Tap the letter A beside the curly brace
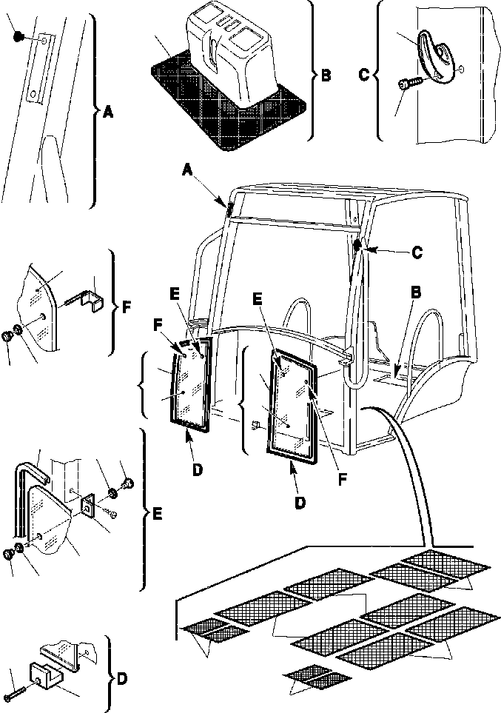[107, 113]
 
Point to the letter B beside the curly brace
[326, 75]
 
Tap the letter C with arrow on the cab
[417, 251]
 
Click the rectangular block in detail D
[44, 676]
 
